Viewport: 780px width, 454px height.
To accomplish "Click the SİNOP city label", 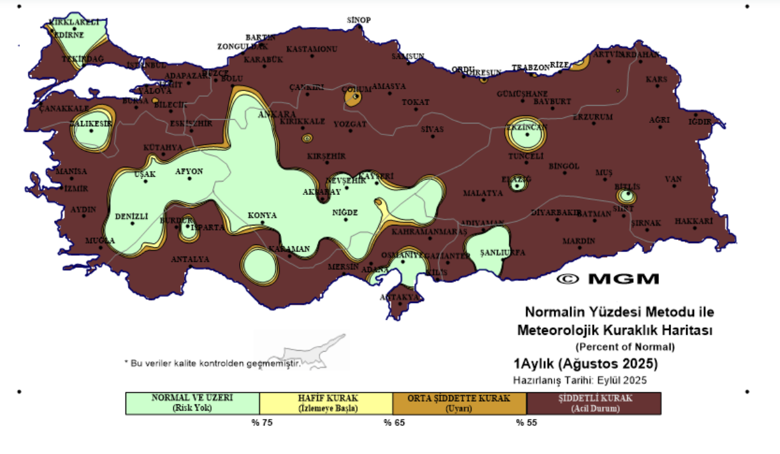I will point(359,20).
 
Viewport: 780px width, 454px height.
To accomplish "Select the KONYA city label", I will point(262,215).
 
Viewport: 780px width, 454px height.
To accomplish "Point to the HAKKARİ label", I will point(693,221).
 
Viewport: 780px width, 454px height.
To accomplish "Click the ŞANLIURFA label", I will point(503,252).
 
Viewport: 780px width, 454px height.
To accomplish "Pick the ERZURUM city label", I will point(593,117).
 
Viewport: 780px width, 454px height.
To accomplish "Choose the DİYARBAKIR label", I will point(556,212).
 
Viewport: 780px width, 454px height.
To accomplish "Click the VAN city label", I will point(674,179).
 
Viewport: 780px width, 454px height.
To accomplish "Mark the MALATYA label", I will point(482,193).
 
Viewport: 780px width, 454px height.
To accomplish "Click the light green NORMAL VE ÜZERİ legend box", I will point(192,403).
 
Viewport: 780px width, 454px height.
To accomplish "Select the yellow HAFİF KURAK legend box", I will point(326,403).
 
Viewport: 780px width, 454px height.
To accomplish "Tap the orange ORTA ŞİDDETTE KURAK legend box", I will point(460,403).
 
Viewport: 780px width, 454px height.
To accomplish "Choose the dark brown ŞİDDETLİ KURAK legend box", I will point(594,403).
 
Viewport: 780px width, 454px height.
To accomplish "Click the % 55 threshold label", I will point(527,422).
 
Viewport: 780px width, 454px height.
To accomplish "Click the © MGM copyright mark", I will point(607,279).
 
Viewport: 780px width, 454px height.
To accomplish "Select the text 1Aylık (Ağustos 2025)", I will point(586,365).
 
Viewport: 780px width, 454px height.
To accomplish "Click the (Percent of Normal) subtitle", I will point(625,347).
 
